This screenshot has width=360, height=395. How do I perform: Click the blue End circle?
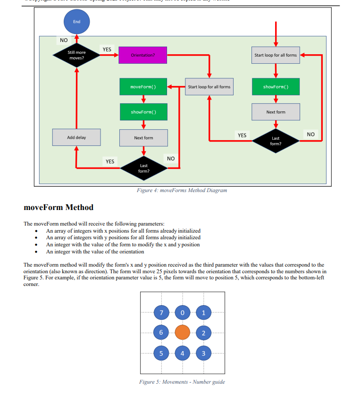[76, 21]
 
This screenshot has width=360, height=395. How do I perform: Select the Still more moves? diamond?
[76, 55]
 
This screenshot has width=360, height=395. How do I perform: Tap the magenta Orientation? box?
[142, 55]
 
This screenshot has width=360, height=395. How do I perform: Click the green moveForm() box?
[143, 87]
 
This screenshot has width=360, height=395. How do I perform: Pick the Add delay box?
[76, 137]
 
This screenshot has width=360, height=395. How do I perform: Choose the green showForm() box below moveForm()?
[143, 112]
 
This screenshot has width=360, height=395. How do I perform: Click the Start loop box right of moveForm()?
[209, 87]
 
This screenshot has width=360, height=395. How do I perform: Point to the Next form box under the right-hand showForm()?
[276, 112]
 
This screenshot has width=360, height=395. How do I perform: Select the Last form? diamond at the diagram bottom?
[143, 168]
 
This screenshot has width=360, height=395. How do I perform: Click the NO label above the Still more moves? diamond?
[64, 40]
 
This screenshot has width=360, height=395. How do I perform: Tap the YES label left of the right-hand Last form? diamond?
[242, 135]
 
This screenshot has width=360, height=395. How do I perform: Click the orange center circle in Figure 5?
[183, 332]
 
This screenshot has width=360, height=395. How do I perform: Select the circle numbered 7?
[161, 312]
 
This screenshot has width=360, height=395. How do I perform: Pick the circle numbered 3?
[203, 353]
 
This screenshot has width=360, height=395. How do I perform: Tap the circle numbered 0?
[183, 312]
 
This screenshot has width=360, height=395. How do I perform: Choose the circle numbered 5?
[161, 353]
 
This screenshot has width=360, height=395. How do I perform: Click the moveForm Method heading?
[59, 207]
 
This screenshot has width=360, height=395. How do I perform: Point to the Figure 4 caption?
[182, 190]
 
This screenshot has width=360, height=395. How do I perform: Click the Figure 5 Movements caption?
[182, 382]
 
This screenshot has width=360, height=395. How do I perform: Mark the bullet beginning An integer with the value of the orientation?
[95, 252]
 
